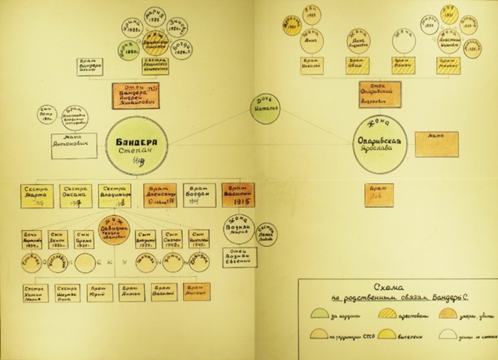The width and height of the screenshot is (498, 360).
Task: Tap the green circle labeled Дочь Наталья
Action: (x=264, y=109)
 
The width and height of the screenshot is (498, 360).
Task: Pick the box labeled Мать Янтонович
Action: (x=73, y=142)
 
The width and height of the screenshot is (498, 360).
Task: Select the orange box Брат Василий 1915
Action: (x=238, y=194)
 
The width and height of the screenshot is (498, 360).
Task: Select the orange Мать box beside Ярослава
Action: (x=436, y=144)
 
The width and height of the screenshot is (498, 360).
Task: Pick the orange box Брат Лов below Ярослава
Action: (x=378, y=194)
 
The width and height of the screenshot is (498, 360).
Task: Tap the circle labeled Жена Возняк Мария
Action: (x=238, y=228)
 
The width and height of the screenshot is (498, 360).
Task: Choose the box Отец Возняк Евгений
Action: (x=238, y=259)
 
